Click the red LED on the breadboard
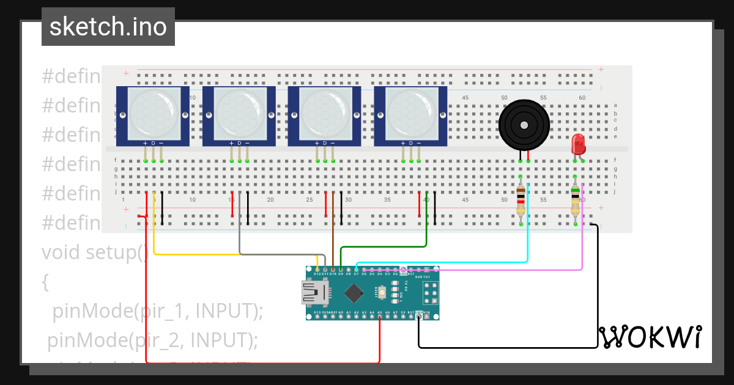(x=577, y=144)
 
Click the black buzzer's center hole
(x=524, y=125)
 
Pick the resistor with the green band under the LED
(x=575, y=200)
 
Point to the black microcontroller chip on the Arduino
(x=354, y=295)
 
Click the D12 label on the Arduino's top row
(x=317, y=274)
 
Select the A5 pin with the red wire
(x=380, y=317)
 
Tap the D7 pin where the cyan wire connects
(x=356, y=269)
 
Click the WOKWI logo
(x=650, y=337)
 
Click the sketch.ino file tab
(x=108, y=27)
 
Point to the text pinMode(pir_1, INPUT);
(x=157, y=311)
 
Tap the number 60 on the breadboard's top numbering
(x=582, y=98)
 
